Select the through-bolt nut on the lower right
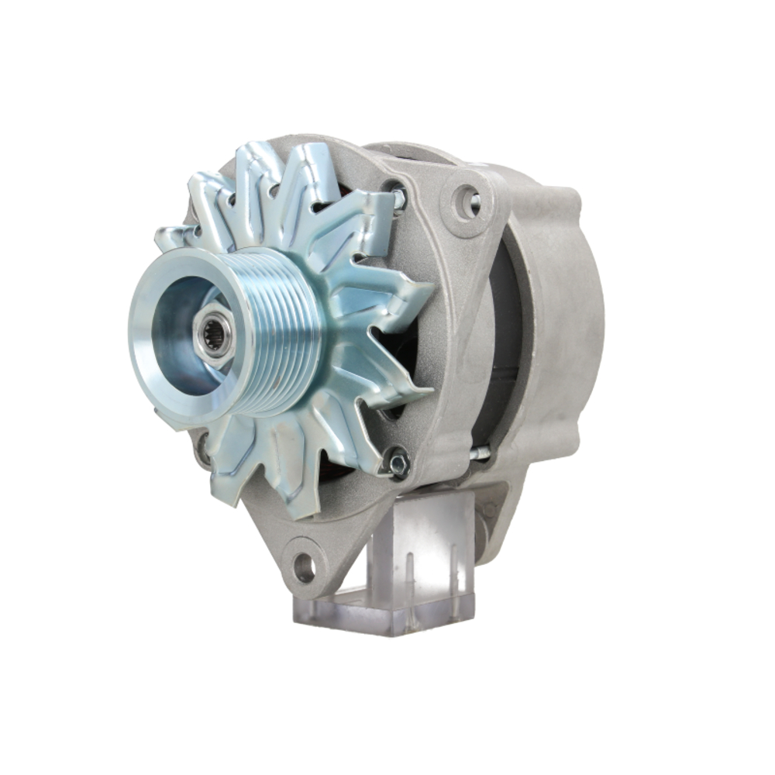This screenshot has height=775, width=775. point(398,463)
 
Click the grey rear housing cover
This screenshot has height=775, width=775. point(558,310)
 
